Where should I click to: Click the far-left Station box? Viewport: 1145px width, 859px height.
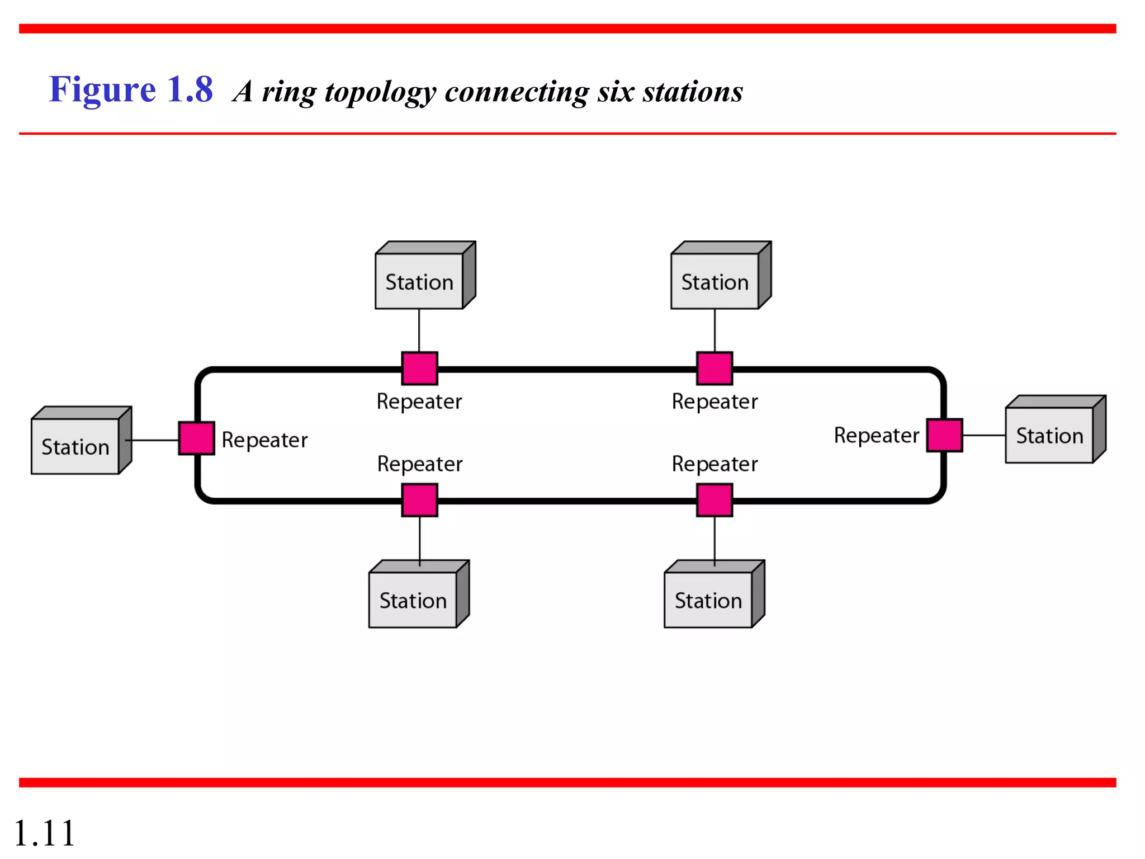75,446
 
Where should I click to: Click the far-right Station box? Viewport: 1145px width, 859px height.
1049,435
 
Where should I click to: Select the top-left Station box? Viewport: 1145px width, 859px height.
419,281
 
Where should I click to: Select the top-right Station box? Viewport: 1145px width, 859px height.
715,281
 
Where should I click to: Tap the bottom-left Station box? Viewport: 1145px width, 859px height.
413,600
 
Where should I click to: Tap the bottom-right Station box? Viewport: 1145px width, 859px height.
708,600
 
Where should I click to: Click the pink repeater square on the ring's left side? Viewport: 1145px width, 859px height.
196,438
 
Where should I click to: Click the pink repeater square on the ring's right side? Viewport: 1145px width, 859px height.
944,435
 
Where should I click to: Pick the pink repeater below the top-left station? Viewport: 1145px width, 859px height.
419,369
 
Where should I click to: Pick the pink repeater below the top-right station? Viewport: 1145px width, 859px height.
715,369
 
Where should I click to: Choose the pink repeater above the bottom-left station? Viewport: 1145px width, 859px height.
419,500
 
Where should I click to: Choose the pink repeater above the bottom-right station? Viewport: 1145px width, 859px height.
715,500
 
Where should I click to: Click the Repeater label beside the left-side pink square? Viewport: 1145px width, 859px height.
264,440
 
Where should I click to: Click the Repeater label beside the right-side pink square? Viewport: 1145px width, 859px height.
876,435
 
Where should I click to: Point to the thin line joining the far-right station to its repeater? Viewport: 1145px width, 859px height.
984,435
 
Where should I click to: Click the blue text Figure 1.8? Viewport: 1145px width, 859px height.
131,89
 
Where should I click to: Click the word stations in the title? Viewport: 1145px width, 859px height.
693,91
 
